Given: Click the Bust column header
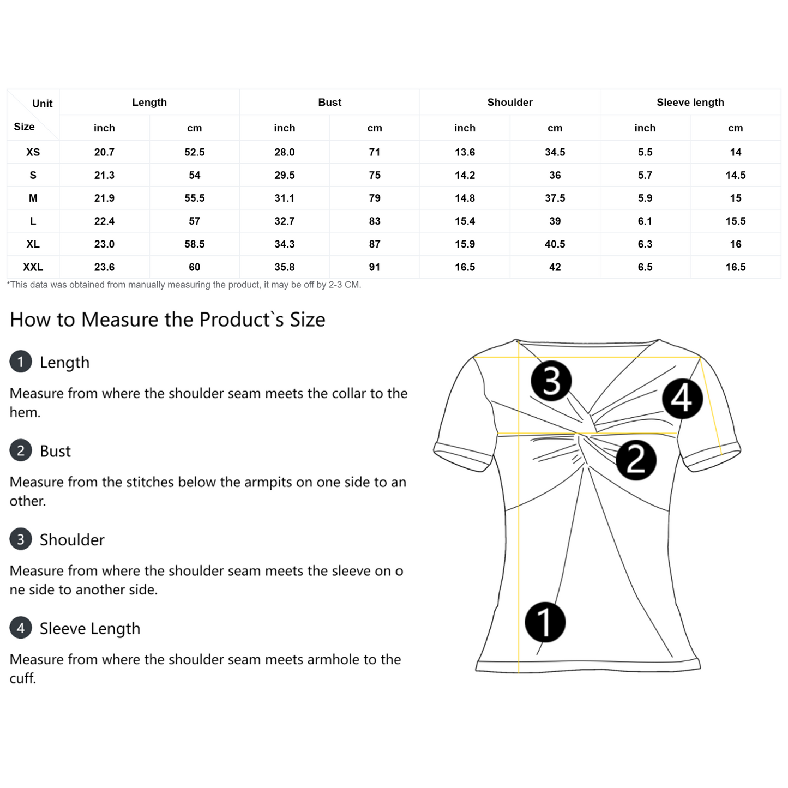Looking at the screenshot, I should [329, 103].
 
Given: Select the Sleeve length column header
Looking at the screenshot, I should [690, 103].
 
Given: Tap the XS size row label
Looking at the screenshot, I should [33, 152].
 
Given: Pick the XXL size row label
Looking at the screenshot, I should [33, 267].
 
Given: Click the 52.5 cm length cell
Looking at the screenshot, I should [194, 152].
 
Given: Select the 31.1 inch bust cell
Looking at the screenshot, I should [284, 198].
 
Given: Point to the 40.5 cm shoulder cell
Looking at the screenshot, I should [555, 244].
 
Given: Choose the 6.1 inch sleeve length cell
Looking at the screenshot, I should [645, 221].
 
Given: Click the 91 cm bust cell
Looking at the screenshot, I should [374, 267].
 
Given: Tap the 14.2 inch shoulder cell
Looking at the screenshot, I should [465, 175].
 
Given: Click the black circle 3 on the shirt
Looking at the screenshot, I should [551, 381].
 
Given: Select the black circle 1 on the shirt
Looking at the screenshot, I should [545, 622].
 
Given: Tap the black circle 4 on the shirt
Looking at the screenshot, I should [682, 398].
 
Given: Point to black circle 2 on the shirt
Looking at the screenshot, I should [636, 460].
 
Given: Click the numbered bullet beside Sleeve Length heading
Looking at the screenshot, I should [21, 628].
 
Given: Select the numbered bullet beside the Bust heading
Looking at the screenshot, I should [21, 451].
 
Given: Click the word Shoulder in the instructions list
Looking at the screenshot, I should [72, 540].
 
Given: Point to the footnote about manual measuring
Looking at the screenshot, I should [184, 285].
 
